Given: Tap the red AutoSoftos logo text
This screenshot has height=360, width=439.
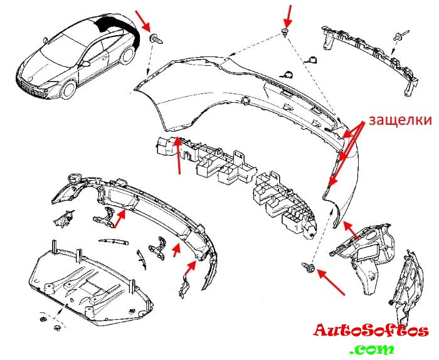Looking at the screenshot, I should point(371,331).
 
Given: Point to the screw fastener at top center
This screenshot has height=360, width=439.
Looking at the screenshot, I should point(285,32).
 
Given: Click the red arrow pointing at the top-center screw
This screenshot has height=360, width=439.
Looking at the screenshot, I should point(289,13).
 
